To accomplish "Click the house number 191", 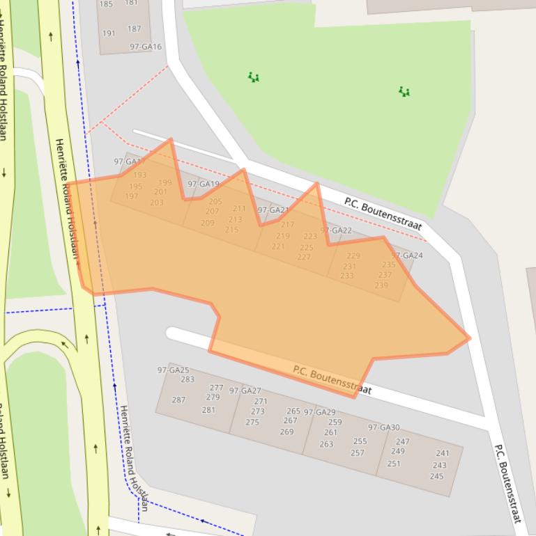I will [x=109, y=33].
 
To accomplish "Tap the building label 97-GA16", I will [x=146, y=47].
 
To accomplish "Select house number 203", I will [x=156, y=203].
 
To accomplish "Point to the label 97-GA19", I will [x=204, y=184].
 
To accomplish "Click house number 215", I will [x=231, y=230].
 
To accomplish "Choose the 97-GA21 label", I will [x=273, y=210].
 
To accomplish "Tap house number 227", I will [x=304, y=257].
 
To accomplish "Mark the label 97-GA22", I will [x=336, y=230].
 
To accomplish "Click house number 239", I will [x=381, y=285].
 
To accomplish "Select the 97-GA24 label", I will [x=407, y=255].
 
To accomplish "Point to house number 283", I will [x=187, y=379].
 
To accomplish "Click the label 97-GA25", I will [x=174, y=370].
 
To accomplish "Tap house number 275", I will [x=252, y=423].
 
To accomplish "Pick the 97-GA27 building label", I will [x=245, y=391].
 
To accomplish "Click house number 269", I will [x=286, y=432].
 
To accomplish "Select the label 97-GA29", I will [x=319, y=412].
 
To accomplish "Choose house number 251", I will [x=394, y=464].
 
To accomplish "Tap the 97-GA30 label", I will [x=384, y=427].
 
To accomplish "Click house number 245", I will [x=436, y=476].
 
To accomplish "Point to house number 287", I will [x=179, y=400].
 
